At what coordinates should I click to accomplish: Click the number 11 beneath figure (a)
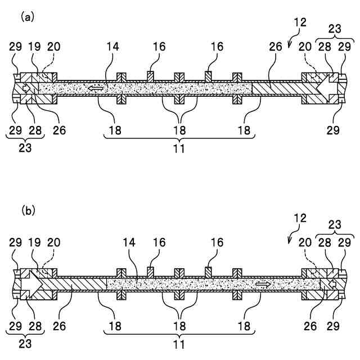click(x=179, y=149)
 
